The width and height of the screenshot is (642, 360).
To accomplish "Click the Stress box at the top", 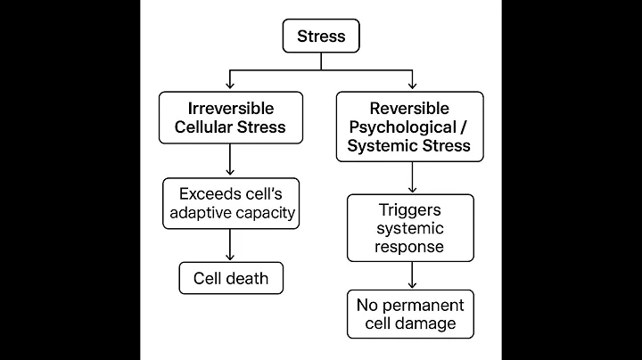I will pos(321,37).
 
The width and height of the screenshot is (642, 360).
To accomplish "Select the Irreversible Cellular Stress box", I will pos(231,117).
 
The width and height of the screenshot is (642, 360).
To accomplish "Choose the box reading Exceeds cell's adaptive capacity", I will pos(231,203).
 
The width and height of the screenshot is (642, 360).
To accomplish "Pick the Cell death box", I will pos(231,278).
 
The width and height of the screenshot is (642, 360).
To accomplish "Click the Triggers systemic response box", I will pos(411,228).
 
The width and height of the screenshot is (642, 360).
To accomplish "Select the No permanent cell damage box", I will pos(411,315).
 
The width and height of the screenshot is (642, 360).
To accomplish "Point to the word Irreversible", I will pos(231,107).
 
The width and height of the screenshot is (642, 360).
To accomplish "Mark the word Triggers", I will pos(411,209).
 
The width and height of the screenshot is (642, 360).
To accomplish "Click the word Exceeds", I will pos(207,193).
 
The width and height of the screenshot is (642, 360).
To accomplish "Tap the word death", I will pos(249,278).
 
